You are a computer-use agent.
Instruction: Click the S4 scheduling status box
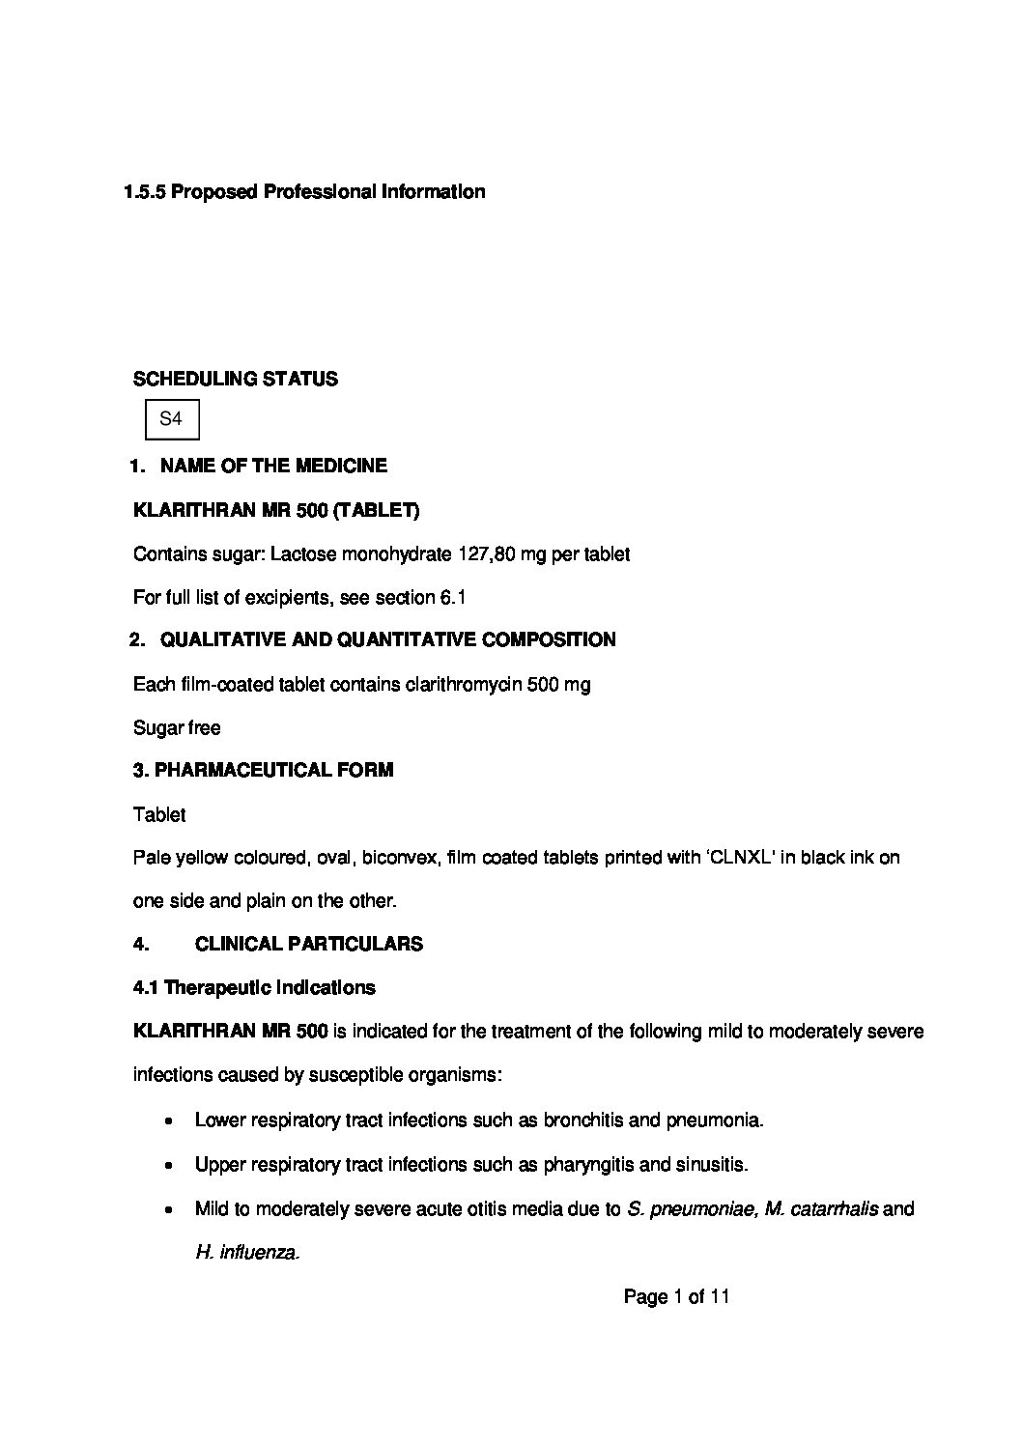click(171, 419)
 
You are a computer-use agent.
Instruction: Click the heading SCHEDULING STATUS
click(235, 379)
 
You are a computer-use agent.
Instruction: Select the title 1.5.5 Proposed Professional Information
click(304, 191)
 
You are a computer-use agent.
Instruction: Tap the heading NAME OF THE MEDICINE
click(273, 466)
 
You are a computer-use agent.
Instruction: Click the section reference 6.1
click(453, 598)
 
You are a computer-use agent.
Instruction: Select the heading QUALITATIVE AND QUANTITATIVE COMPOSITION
click(387, 639)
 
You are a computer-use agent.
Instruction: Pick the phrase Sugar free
click(177, 727)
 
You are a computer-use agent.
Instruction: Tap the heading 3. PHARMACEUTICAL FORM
click(263, 771)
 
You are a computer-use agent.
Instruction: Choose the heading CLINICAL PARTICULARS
click(308, 944)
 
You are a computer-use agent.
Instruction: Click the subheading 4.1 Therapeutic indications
click(254, 987)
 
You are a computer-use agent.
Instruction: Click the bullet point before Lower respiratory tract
click(170, 1122)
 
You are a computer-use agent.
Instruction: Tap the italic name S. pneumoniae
click(690, 1208)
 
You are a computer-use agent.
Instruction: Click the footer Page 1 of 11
click(676, 1297)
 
